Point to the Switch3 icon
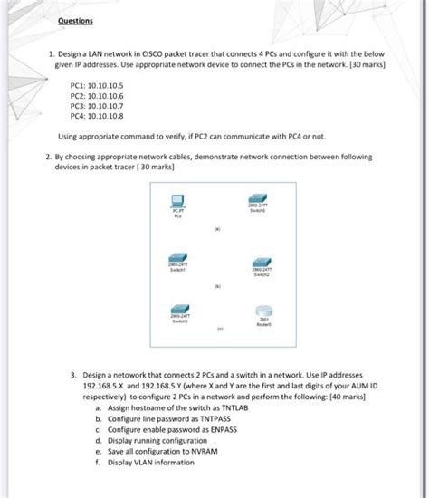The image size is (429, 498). click(x=179, y=309)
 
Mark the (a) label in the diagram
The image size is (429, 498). click(x=217, y=229)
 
